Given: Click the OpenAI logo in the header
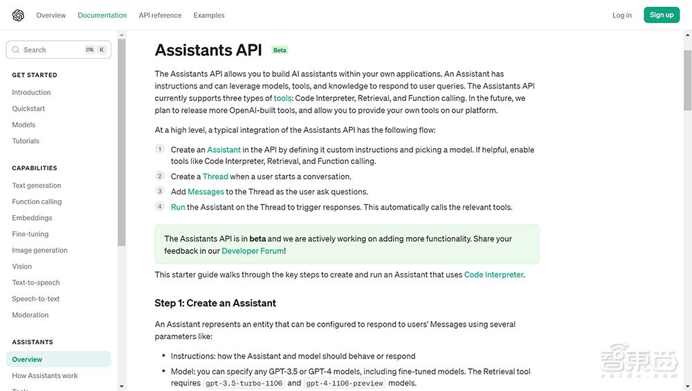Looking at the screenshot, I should pos(18,15).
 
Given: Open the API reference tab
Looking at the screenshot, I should pos(160,15).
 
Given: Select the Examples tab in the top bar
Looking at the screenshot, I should pos(209,15).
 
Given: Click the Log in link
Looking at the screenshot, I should pos(621,15).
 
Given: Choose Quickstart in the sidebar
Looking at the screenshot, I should pos(28,109).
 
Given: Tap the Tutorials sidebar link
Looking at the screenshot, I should pos(26,141).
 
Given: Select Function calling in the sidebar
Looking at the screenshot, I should pos(37,202).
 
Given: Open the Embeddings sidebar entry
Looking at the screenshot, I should pos(32,218).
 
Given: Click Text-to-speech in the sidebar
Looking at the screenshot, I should pos(36,283).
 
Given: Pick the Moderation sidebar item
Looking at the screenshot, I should pos(30,315).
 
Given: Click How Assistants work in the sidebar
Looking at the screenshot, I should pos(45,376).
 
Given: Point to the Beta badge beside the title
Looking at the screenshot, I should pos(280,50).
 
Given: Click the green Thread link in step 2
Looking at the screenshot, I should pos(215,176).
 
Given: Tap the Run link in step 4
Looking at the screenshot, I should pos(178,207).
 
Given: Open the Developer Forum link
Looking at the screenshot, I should pos(253,251).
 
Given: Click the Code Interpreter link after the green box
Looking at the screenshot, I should pos(493,275).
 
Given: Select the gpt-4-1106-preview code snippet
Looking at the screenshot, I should pos(345,383).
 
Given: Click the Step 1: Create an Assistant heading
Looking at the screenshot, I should pos(215,303).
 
